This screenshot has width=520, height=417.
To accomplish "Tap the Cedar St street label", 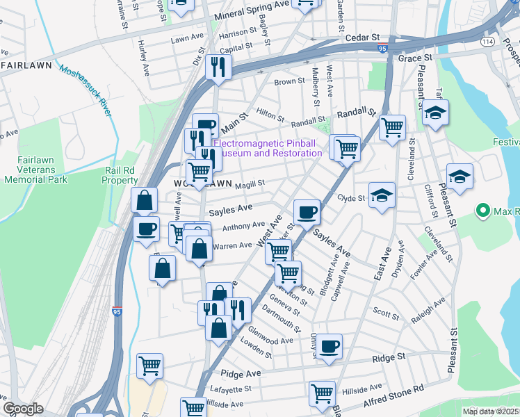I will (364, 37).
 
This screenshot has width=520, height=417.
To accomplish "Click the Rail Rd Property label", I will (120, 174).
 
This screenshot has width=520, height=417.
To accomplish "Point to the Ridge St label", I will (389, 357).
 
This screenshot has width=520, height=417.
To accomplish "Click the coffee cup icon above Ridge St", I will (329, 345).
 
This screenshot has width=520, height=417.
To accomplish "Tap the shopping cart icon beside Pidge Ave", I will (149, 366).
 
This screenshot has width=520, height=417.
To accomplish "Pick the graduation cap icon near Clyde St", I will (381, 195).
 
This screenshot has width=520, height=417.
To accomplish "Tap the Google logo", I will (23, 409).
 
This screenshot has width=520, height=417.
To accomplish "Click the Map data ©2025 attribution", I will (490, 411).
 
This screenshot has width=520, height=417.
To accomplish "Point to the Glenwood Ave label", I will (270, 341).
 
